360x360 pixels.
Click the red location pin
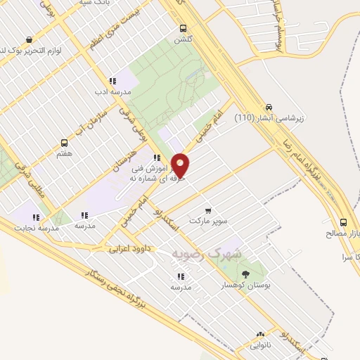point(181,165)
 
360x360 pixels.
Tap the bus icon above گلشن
point(184,29)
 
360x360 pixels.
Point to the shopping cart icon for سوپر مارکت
point(208,210)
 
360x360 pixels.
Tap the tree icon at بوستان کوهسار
point(245,273)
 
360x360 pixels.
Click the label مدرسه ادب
point(112,91)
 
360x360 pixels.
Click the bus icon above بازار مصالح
point(343,221)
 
